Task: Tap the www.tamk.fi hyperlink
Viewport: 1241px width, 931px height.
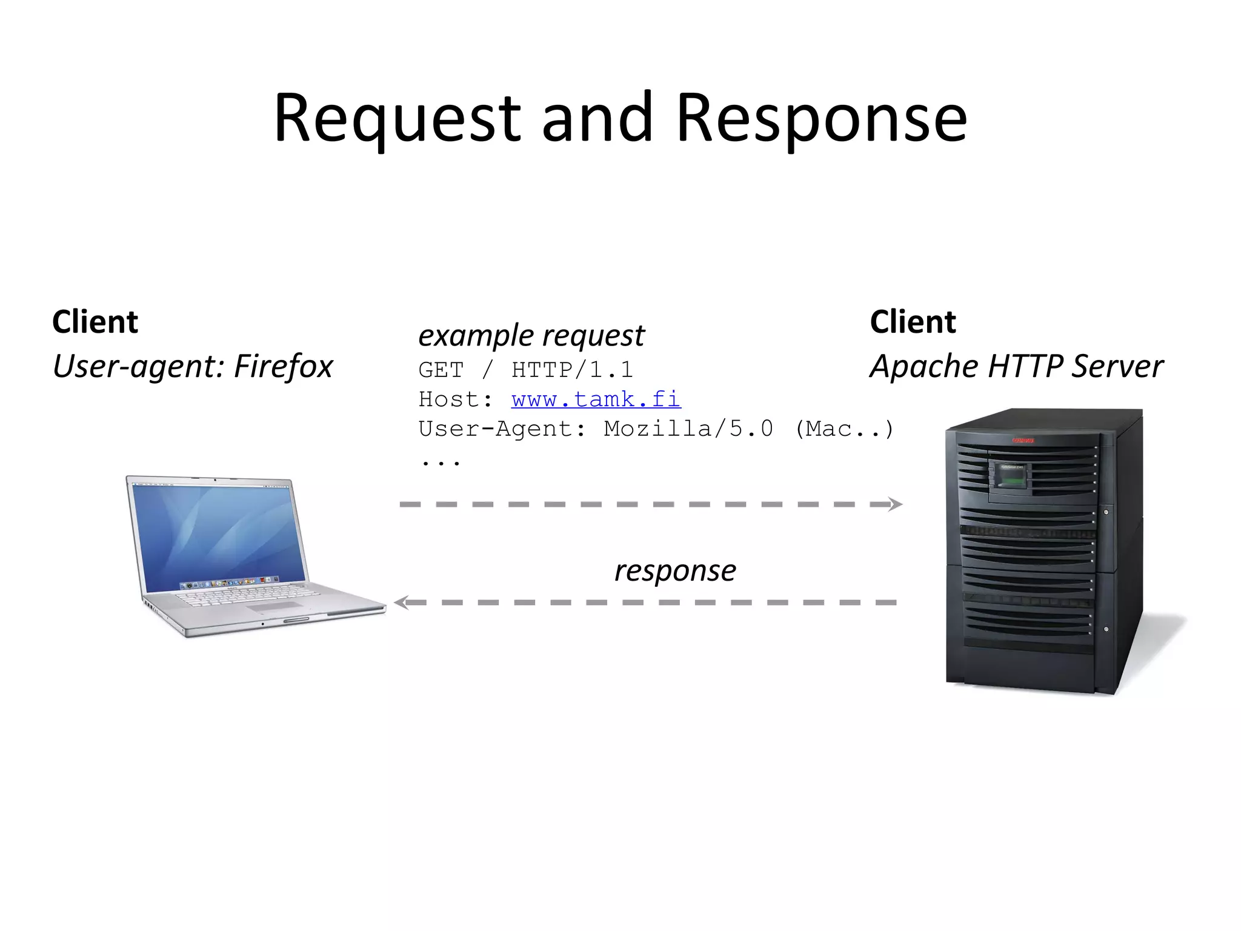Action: click(x=596, y=399)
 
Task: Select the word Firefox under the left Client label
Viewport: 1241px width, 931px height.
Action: click(x=283, y=366)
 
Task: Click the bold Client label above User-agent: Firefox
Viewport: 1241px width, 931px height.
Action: click(x=95, y=321)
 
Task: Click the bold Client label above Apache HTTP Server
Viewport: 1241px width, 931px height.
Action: click(x=913, y=321)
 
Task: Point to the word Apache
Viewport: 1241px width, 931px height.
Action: click(x=923, y=366)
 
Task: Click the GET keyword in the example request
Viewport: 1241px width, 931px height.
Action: click(x=441, y=370)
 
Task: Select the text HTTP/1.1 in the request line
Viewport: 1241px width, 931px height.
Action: click(x=572, y=370)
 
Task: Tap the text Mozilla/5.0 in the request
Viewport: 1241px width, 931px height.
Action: click(x=688, y=429)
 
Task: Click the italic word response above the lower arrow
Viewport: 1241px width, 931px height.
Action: click(x=675, y=570)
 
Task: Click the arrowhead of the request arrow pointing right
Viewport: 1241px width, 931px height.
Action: click(x=894, y=504)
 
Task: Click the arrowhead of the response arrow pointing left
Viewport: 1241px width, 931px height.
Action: click(x=402, y=602)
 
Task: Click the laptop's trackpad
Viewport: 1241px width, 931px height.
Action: click(x=274, y=606)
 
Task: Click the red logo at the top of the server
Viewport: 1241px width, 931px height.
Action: click(x=1023, y=441)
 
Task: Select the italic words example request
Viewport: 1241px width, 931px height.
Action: click(x=531, y=336)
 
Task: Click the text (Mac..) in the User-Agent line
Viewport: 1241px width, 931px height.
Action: click(x=844, y=429)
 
